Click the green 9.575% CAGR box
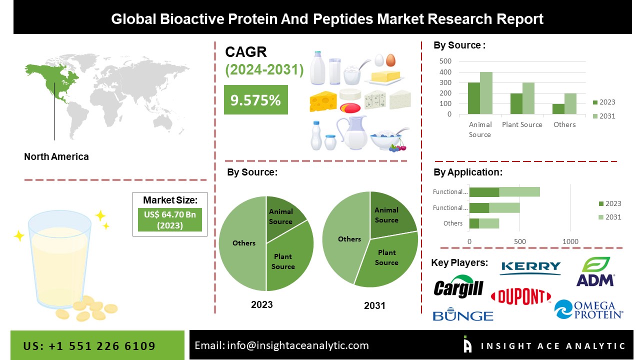(x=255, y=100)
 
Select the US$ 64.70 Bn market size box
(x=169, y=219)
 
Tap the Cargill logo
(x=458, y=287)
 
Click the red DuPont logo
(x=520, y=296)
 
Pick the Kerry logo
(x=530, y=267)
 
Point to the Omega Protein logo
(x=588, y=309)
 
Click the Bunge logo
(x=462, y=315)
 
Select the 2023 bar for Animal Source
(x=473, y=98)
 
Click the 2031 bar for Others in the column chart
(x=570, y=103)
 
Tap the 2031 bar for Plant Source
(x=528, y=98)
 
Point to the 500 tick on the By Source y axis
(x=445, y=61)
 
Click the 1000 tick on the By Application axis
(x=570, y=242)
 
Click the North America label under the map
(x=56, y=156)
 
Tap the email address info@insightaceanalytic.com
(x=281, y=345)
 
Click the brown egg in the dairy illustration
(x=390, y=60)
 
